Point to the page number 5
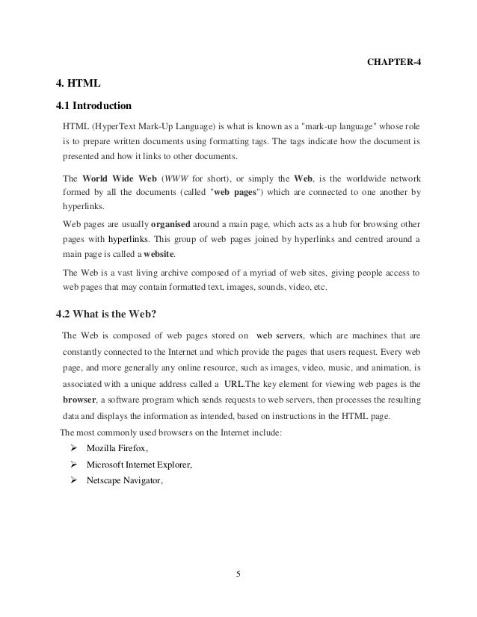tap(238, 573)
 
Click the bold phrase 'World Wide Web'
tap(114, 179)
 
